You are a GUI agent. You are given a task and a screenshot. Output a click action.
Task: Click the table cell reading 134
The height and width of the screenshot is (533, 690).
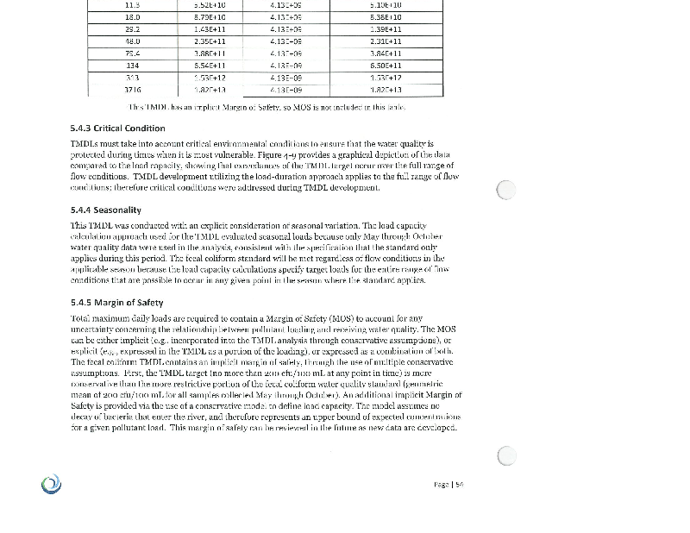(x=133, y=65)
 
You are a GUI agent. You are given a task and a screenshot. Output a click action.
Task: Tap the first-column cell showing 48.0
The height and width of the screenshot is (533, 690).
(x=133, y=40)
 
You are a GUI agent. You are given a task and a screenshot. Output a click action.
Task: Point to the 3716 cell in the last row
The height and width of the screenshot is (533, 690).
(x=133, y=90)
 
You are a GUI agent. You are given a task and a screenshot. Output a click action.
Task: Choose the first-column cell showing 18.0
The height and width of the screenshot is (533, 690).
(x=133, y=16)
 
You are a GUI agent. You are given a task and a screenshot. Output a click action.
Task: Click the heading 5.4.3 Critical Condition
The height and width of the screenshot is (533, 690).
(x=117, y=129)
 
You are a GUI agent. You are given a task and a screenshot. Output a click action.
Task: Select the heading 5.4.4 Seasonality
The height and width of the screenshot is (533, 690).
(x=105, y=210)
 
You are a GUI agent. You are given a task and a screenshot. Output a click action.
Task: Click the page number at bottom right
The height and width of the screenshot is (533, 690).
(x=448, y=485)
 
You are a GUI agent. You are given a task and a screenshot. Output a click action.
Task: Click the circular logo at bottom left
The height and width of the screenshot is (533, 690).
(x=52, y=485)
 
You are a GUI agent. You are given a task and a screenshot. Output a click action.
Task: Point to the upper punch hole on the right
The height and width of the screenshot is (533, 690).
(x=507, y=190)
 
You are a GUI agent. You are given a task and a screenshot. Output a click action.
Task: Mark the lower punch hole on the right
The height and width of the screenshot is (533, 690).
(x=507, y=455)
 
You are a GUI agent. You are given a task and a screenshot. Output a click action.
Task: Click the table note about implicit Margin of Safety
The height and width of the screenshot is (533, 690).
(x=267, y=108)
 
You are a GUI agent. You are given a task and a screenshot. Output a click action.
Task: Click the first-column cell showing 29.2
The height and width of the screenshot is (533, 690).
(x=133, y=28)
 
